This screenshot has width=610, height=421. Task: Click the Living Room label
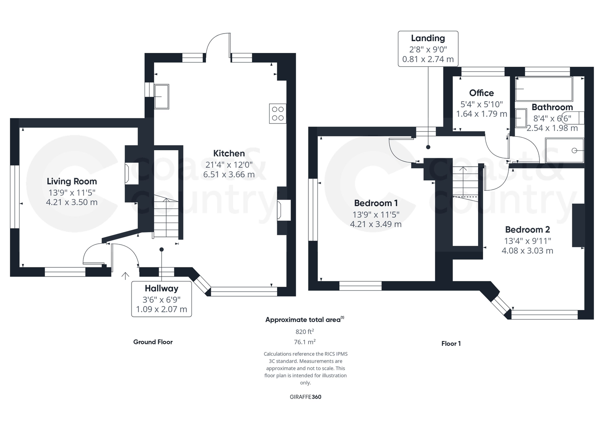point(72,181)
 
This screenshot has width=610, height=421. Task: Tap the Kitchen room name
point(229,153)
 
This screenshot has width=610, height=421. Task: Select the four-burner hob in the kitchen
point(278,114)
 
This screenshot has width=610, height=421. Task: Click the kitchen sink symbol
point(162,96)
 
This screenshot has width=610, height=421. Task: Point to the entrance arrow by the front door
point(125,276)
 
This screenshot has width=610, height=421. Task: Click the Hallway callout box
point(161,299)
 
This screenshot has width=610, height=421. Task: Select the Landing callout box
point(428,49)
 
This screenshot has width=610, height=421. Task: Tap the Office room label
point(481,93)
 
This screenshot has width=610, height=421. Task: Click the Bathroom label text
point(552,107)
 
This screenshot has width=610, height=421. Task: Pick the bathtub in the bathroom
point(544,89)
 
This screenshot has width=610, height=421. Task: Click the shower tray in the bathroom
point(565,151)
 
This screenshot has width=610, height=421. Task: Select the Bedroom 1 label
point(376,203)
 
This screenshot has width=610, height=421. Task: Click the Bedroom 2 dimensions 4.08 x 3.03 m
point(527,251)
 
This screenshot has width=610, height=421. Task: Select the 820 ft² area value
point(305,331)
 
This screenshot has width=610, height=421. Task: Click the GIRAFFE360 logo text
point(305,397)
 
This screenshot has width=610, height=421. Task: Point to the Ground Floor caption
point(153,342)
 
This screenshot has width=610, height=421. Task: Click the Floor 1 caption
point(451,344)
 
